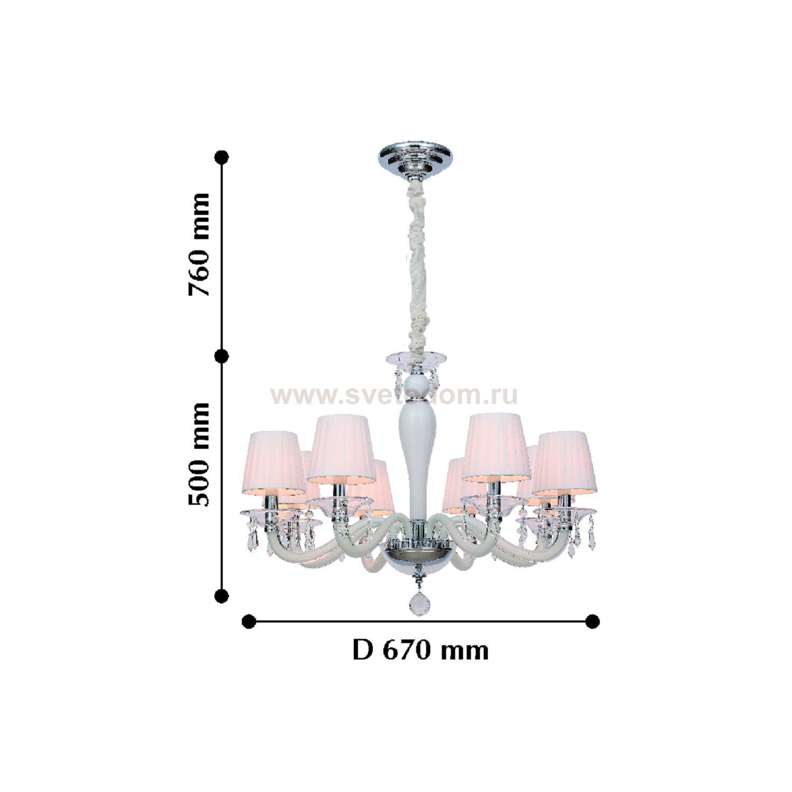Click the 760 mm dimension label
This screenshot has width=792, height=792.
tap(200, 244)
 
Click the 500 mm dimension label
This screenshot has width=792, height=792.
tap(200, 455)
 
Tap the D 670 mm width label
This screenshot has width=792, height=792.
tap(420, 650)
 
